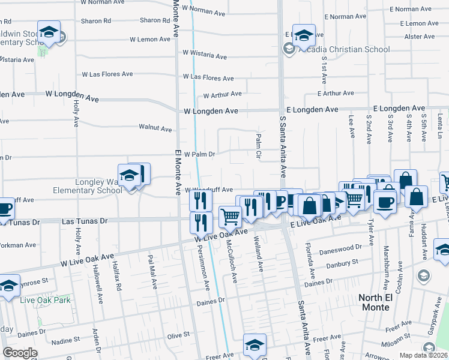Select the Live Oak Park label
[44, 300]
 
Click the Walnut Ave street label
[155, 128]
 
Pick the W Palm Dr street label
[199, 154]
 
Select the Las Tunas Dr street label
[85, 221]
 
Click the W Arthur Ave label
[222, 94]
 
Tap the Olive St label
[178, 334]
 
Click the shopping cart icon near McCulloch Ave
[230, 217]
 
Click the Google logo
[20, 353]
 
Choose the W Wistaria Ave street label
[205, 55]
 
